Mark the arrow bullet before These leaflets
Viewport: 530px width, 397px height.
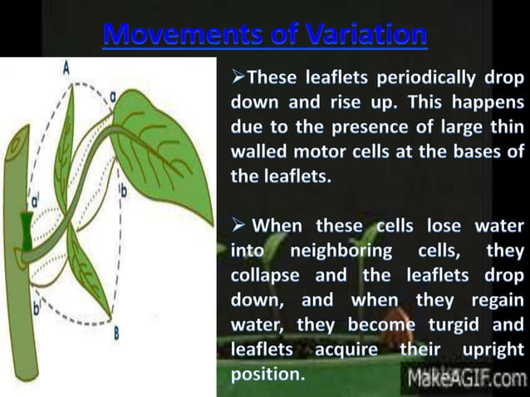tap(236, 81)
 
